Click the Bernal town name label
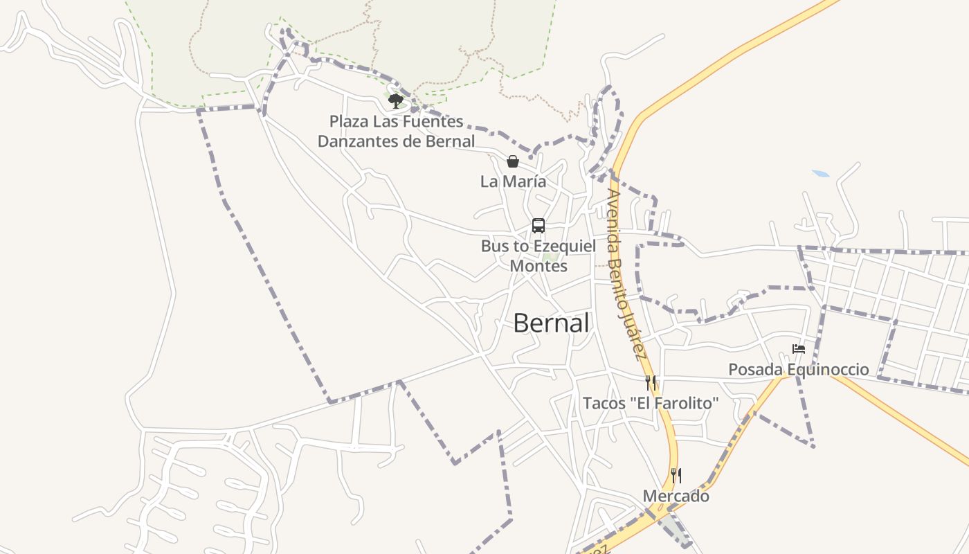(x=551, y=323)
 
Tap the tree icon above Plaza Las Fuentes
(x=395, y=102)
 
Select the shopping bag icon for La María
(x=513, y=161)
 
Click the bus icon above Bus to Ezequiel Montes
(x=538, y=226)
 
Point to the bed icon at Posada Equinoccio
(x=799, y=350)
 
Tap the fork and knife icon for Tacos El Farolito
(x=650, y=383)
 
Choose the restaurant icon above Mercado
(x=676, y=476)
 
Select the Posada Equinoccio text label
(x=798, y=370)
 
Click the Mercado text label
(x=676, y=497)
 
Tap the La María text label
(x=513, y=181)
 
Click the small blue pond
(x=820, y=173)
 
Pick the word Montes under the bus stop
(x=538, y=266)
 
